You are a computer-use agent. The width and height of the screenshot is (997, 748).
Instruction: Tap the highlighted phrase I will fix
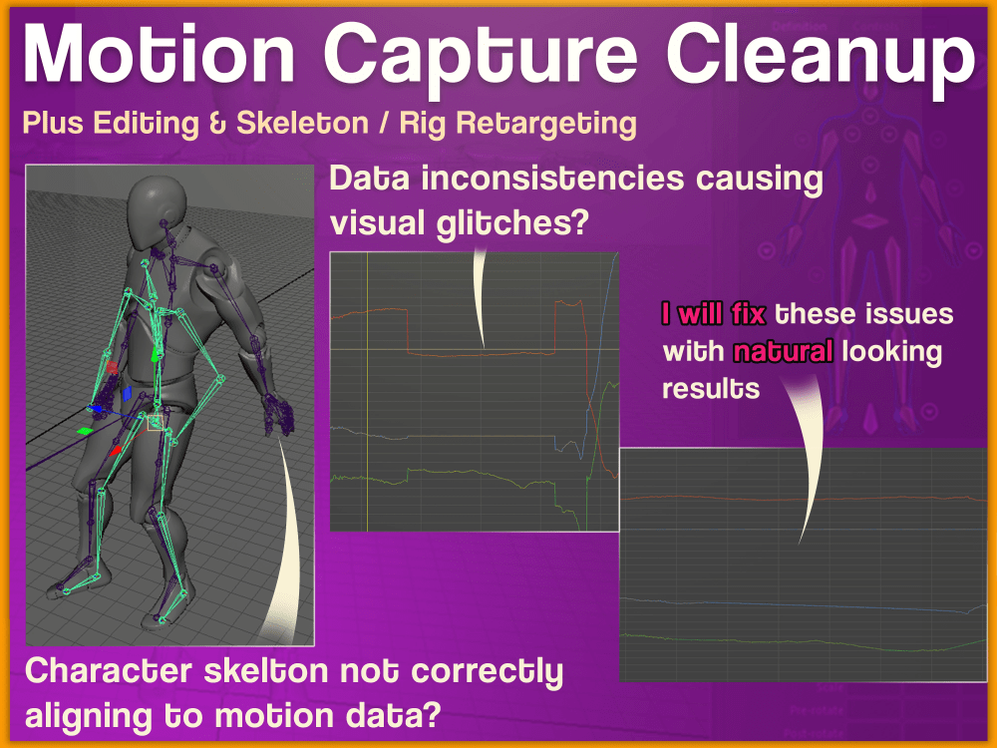tap(714, 315)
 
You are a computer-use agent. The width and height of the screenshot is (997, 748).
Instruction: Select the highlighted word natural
tap(784, 351)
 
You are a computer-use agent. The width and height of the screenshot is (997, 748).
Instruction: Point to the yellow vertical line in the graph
tap(368, 399)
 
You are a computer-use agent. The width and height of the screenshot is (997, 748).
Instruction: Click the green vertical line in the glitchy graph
tap(586, 479)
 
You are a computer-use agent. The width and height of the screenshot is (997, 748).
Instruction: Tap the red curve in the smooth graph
tap(798, 497)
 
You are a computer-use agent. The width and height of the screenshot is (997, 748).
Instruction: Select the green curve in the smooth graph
tap(798, 648)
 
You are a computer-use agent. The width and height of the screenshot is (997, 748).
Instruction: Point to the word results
tap(711, 388)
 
